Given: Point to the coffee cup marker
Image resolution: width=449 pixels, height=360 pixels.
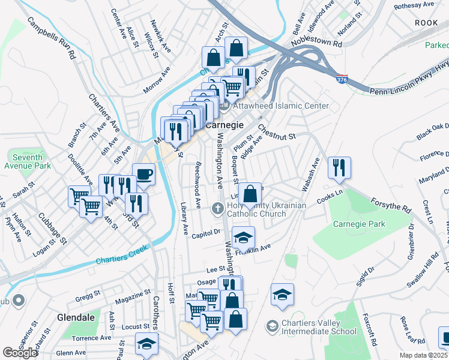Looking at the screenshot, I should tap(143, 175).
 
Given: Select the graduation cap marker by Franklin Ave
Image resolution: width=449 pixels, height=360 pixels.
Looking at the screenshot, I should tap(243, 238).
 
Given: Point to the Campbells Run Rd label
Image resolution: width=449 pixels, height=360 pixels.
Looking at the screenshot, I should tap(51, 38).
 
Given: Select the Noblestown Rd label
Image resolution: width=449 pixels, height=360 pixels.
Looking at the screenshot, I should tap(316, 43).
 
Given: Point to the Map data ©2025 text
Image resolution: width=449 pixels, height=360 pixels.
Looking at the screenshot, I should tap(423, 355).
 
